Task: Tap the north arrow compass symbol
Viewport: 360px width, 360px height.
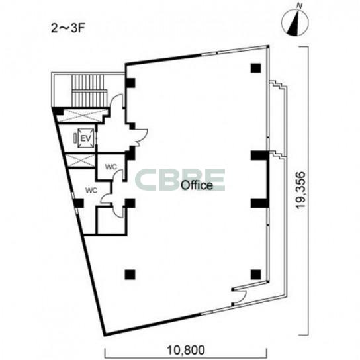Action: tap(294, 22)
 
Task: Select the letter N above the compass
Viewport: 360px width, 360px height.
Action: tap(299, 6)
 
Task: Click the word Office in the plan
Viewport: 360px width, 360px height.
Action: tap(197, 185)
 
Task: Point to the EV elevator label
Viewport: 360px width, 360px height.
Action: tap(86, 138)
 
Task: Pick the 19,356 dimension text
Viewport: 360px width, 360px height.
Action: tap(301, 190)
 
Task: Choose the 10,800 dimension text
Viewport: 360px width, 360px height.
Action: tap(186, 350)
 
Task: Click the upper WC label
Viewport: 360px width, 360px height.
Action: tap(111, 167)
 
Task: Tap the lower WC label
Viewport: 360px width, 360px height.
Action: tap(91, 190)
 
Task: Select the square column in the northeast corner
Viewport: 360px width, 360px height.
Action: tap(255, 68)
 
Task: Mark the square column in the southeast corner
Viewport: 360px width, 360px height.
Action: tap(255, 275)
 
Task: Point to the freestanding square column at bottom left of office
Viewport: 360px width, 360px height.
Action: tap(130, 275)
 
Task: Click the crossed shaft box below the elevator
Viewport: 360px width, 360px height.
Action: tap(80, 161)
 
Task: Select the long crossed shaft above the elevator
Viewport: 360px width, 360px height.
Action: tap(83, 115)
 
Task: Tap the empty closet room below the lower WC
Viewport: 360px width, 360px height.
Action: tap(111, 221)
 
